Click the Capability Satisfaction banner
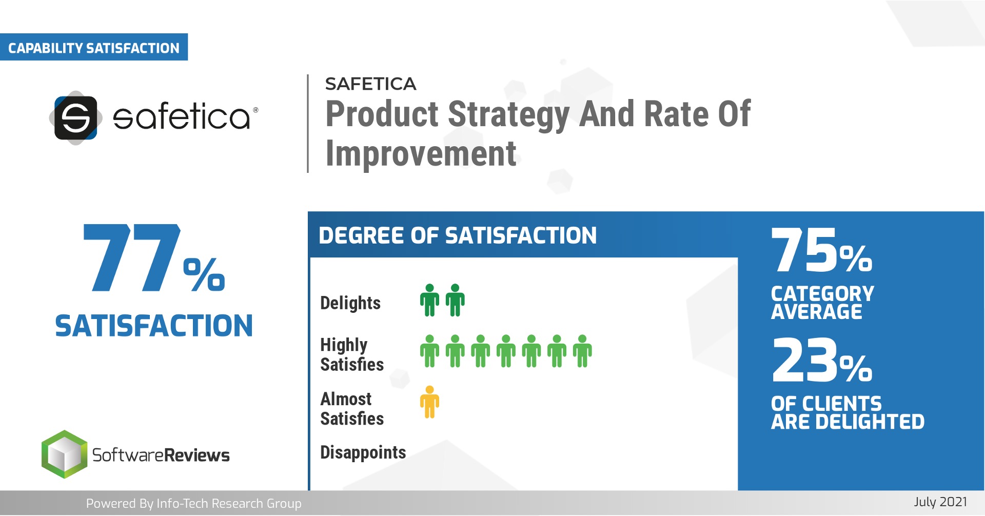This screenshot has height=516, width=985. pyautogui.click(x=94, y=48)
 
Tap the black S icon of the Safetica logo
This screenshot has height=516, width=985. pyautogui.click(x=76, y=118)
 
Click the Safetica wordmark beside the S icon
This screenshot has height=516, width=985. pyautogui.click(x=182, y=116)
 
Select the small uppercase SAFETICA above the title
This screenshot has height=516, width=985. pyautogui.click(x=370, y=84)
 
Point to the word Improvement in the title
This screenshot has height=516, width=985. pyautogui.click(x=421, y=154)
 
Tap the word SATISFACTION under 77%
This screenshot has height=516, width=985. pyautogui.click(x=154, y=326)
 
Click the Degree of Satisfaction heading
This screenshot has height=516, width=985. pyautogui.click(x=458, y=236)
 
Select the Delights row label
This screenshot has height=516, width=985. pyautogui.click(x=350, y=303)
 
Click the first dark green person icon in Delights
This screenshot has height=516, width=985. pyautogui.click(x=429, y=301)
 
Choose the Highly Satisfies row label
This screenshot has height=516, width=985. pyautogui.click(x=352, y=354)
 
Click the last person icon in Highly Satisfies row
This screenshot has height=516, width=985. pyautogui.click(x=582, y=351)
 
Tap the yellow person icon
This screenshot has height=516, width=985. pyautogui.click(x=429, y=402)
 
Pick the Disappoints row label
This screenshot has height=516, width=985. pyautogui.click(x=363, y=452)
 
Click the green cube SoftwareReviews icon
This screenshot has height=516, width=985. pyautogui.click(x=64, y=454)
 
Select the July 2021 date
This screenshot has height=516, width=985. pyautogui.click(x=940, y=502)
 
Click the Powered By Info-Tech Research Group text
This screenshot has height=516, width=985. pyautogui.click(x=194, y=504)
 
